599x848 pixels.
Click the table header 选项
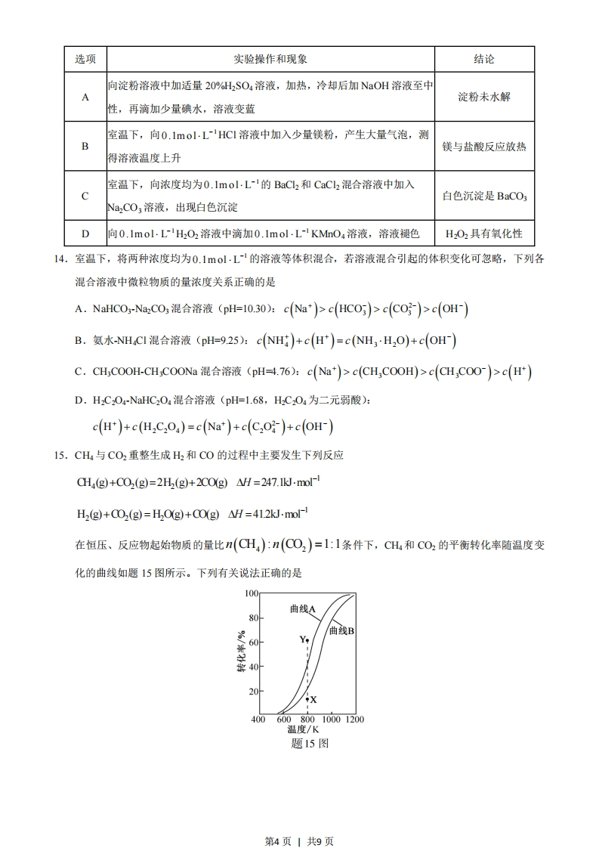[85, 59]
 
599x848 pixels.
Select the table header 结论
[484, 59]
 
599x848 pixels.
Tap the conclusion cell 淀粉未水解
[484, 97]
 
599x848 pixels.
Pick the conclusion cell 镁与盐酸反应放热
[484, 146]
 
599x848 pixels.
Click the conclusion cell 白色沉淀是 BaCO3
[484, 196]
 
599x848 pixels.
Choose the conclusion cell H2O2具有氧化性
[484, 234]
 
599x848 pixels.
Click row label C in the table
[85, 196]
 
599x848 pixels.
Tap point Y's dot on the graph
[307, 640]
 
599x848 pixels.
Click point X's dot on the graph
[307, 699]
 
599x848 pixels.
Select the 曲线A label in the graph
[302, 608]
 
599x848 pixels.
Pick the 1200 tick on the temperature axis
[354, 720]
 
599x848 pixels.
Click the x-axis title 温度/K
[304, 730]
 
